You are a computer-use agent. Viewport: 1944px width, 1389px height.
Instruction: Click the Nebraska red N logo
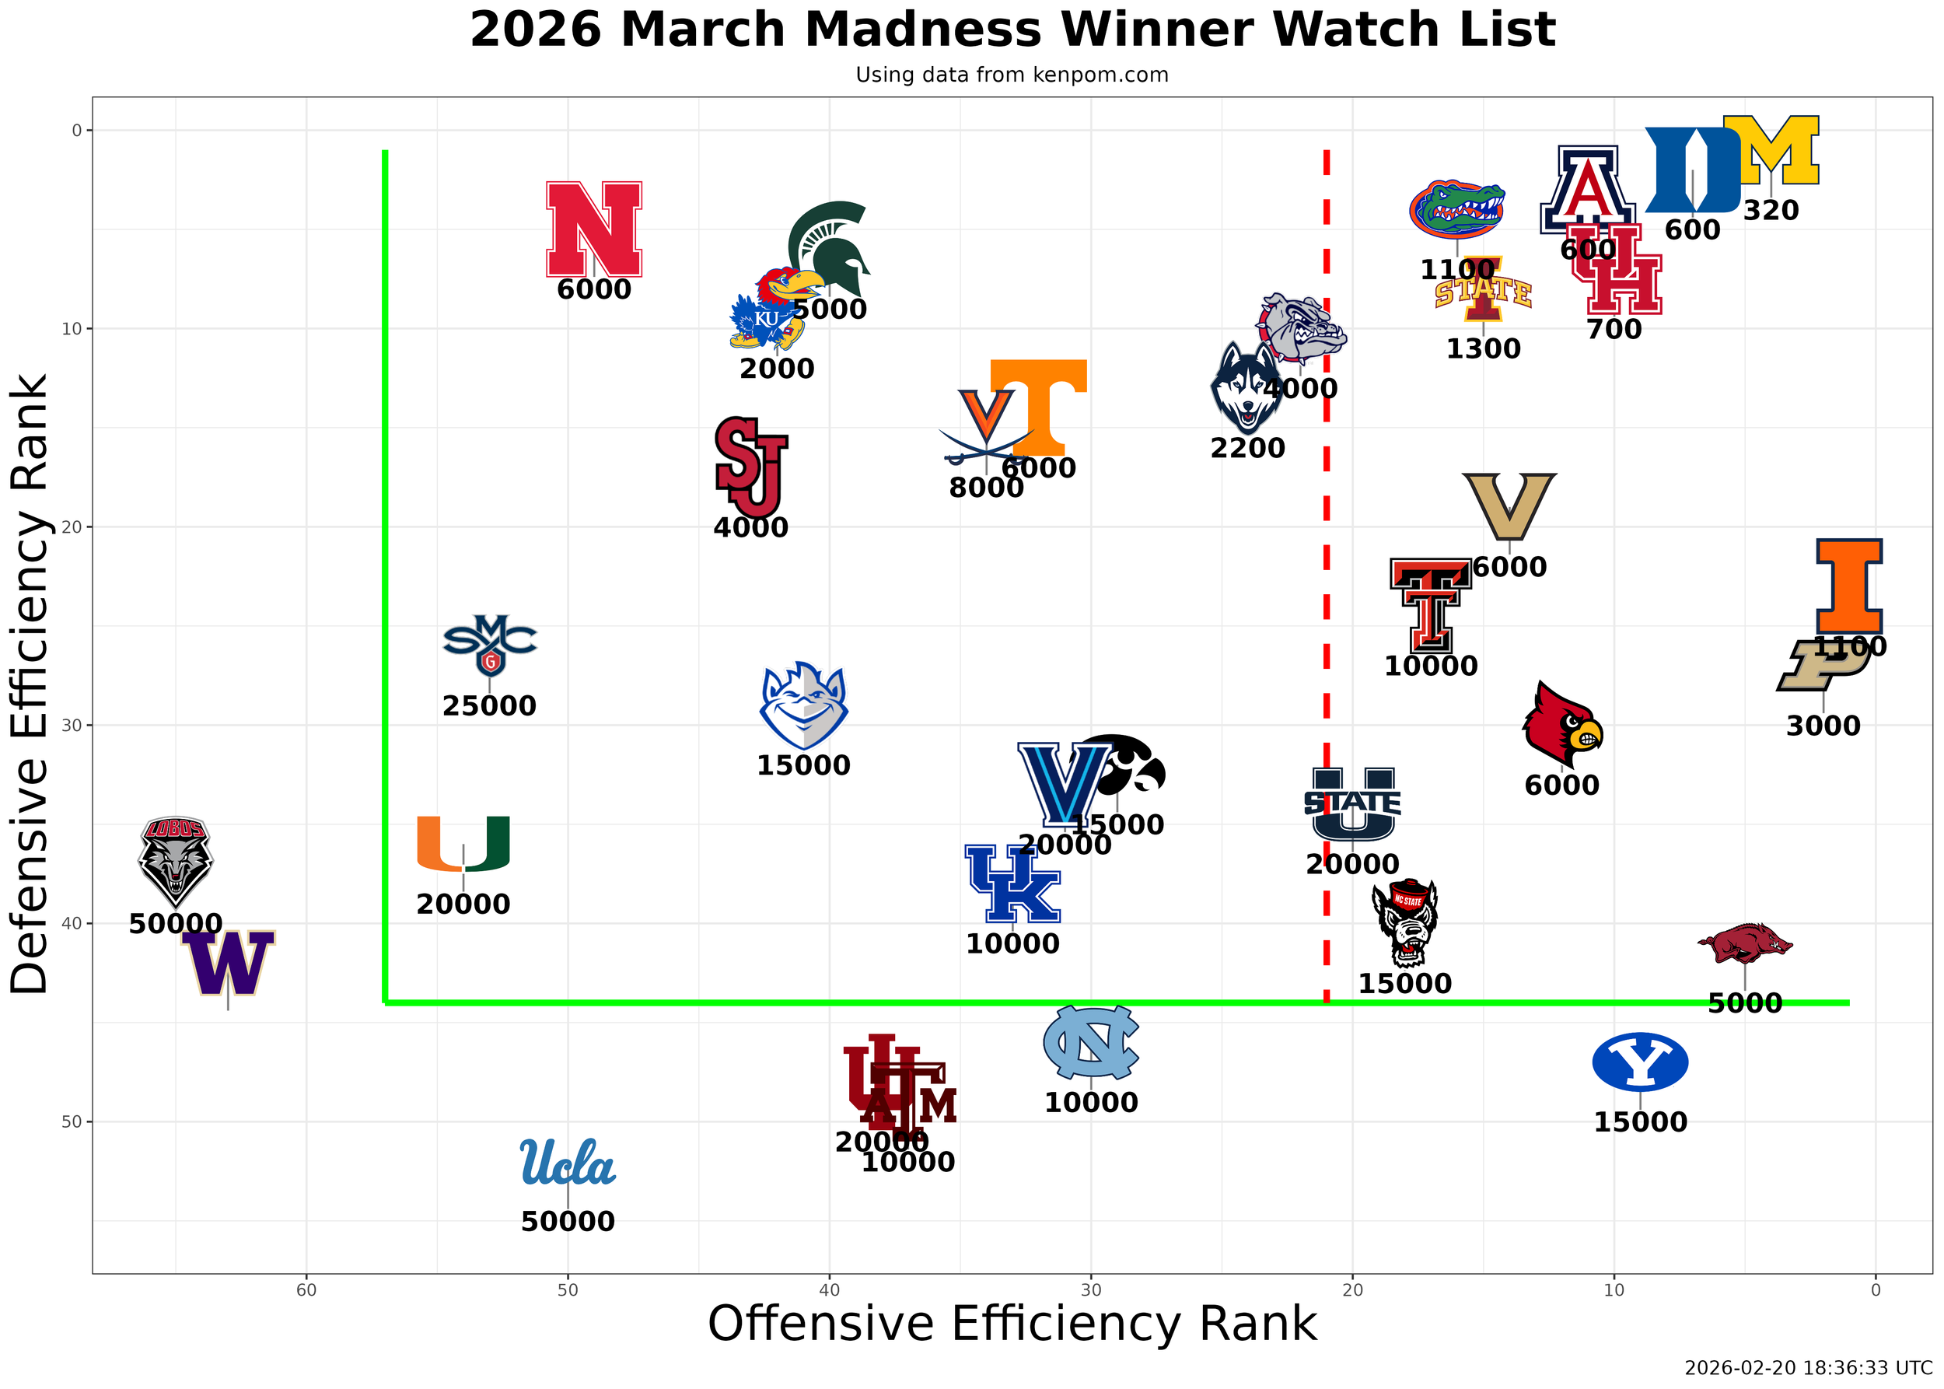[593, 229]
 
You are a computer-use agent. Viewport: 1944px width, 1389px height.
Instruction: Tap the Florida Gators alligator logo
[1456, 208]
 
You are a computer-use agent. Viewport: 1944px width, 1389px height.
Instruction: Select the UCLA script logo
[567, 1163]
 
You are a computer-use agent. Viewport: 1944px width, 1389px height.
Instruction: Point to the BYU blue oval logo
[1639, 1062]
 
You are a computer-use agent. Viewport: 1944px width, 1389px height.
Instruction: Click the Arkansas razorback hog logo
[1744, 943]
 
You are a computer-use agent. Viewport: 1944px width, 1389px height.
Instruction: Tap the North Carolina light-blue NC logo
[1090, 1042]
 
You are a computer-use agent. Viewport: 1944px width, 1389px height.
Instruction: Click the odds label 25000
[489, 706]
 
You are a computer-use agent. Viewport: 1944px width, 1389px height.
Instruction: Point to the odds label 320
[1771, 211]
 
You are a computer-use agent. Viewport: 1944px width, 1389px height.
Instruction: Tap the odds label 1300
[1483, 349]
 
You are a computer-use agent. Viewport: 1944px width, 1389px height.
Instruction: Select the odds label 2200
[1247, 448]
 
